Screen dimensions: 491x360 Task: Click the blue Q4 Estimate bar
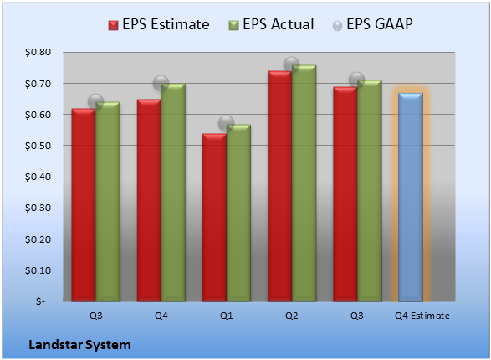tap(410, 197)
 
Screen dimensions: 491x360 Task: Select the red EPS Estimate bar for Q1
tap(214, 218)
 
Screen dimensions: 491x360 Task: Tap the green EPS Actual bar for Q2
tap(304, 183)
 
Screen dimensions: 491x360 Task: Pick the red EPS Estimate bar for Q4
tap(149, 200)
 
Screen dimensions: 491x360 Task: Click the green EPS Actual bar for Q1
tap(238, 213)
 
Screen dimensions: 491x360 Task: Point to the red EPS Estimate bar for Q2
tap(279, 186)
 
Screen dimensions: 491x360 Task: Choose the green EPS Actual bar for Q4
tap(173, 193)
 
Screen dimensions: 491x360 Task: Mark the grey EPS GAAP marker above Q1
tap(226, 123)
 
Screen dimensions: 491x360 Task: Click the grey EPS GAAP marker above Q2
tap(292, 64)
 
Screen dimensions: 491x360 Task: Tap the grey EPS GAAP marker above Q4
tap(161, 84)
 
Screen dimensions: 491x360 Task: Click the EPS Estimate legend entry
tap(159, 25)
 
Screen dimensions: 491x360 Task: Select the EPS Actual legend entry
tap(271, 25)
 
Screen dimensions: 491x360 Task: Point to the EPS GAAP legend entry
tap(372, 25)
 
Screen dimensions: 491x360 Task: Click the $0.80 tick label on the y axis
tap(38, 52)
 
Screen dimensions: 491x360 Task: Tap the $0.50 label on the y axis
tap(38, 146)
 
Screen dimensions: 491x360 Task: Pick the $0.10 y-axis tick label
tap(38, 270)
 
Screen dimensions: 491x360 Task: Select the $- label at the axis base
tap(40, 301)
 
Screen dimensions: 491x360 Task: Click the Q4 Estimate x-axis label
tap(422, 316)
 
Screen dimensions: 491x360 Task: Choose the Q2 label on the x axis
tap(292, 316)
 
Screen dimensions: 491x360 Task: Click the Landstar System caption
tap(79, 345)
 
